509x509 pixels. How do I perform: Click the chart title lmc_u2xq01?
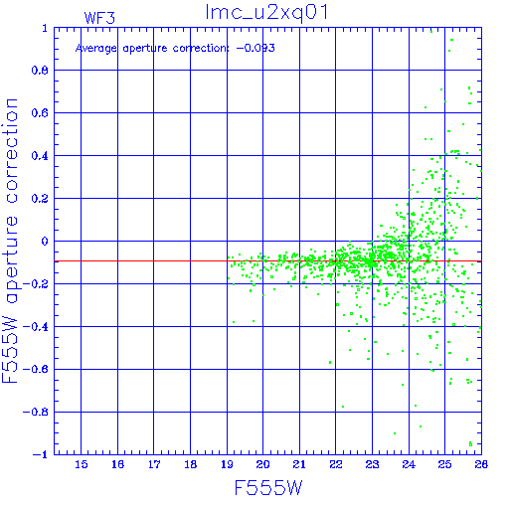click(266, 13)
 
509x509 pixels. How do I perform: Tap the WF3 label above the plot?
click(99, 18)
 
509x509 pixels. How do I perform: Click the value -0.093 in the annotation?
click(255, 48)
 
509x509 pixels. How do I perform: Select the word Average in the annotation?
click(96, 49)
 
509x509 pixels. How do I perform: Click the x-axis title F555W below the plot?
click(268, 487)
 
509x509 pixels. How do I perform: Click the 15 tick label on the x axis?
click(82, 464)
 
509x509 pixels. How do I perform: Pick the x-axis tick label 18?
click(191, 464)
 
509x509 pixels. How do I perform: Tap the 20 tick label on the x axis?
click(263, 464)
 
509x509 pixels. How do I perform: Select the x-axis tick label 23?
click(372, 464)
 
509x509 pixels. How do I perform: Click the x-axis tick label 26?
click(481, 464)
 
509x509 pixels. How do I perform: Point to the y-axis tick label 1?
click(45, 28)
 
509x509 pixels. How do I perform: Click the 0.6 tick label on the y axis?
click(40, 113)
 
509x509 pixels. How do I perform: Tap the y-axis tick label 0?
click(45, 241)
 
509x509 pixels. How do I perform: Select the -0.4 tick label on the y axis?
click(36, 327)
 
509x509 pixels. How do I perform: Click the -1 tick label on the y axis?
click(41, 454)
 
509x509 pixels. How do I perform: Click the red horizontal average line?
click(267, 261)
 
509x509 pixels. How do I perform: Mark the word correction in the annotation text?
click(201, 49)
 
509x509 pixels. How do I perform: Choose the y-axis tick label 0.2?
click(40, 199)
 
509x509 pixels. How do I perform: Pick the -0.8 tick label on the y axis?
click(36, 412)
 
